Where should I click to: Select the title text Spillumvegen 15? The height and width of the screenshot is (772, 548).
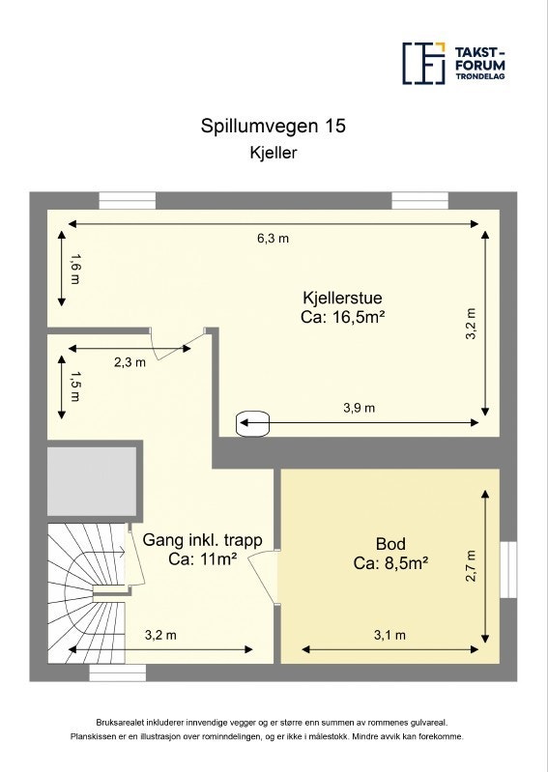point(273,126)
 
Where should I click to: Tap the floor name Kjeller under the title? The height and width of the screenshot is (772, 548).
point(273,152)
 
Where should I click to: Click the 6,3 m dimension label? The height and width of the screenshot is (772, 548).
point(273,239)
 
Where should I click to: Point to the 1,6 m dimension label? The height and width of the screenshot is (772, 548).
point(75,269)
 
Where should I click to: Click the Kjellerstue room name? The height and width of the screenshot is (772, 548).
point(337,300)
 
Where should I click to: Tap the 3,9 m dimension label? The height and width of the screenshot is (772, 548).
point(359,408)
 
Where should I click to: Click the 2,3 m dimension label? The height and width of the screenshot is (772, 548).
point(130,362)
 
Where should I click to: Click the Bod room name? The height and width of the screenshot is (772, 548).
point(389,543)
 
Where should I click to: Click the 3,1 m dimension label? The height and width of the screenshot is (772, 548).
point(389,635)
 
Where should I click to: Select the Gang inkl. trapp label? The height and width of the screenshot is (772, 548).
point(202,540)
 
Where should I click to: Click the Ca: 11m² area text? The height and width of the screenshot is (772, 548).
point(202,558)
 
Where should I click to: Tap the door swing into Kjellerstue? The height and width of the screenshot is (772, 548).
point(176,342)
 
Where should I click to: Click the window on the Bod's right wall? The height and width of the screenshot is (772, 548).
point(507,570)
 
